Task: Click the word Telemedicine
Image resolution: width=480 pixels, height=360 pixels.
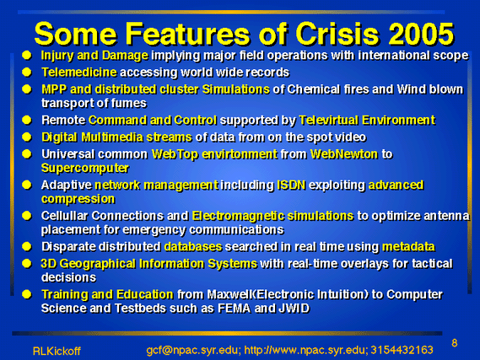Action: pos(79,73)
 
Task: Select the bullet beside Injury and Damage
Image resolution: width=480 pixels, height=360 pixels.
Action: pos(27,56)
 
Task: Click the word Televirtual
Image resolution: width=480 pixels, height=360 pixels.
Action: pos(328,121)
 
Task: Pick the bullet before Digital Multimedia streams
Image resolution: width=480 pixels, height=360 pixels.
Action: pos(27,137)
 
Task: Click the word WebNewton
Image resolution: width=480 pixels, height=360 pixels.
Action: pos(344,154)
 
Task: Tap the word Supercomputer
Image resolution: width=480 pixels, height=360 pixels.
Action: pos(85,169)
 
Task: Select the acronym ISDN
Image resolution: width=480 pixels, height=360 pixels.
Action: pos(291,185)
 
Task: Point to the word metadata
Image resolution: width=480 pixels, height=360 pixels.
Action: pos(408,246)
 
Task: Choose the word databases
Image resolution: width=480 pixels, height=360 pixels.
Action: pos(193,246)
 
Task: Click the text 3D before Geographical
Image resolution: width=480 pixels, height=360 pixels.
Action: pos(49,264)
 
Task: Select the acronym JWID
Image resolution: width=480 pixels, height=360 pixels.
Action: pos(294,309)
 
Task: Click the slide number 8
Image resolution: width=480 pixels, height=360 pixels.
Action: pos(455,343)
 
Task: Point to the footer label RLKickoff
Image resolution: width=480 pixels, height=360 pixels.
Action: pos(57,351)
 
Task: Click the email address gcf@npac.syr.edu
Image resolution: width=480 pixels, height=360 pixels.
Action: pos(192,350)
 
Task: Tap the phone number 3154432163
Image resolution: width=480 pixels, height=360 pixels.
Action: pos(402,350)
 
